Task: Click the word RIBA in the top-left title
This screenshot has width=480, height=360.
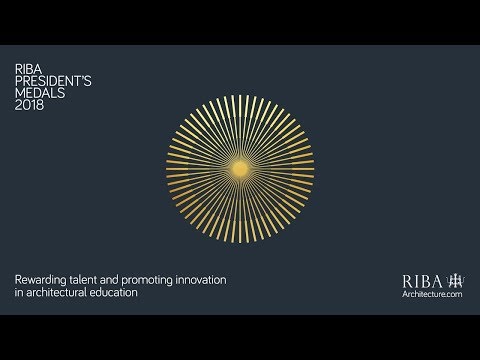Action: (x=27, y=69)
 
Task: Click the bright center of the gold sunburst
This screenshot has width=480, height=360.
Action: (x=240, y=170)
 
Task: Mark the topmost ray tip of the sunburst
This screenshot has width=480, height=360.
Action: (x=240, y=97)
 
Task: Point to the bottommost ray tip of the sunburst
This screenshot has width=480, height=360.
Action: (x=240, y=244)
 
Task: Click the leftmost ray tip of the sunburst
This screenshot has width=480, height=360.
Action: (x=167, y=170)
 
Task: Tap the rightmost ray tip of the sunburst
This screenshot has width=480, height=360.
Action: (x=314, y=170)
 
